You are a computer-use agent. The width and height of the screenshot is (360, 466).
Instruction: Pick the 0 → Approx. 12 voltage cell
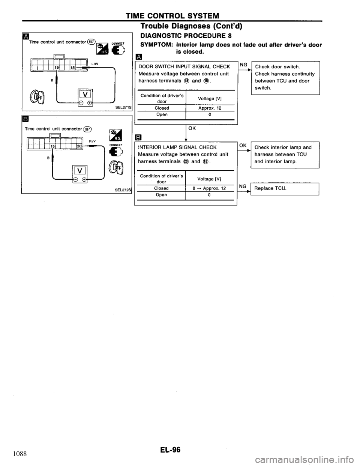point(210,188)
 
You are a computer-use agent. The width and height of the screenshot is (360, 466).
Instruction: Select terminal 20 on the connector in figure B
point(79,146)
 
